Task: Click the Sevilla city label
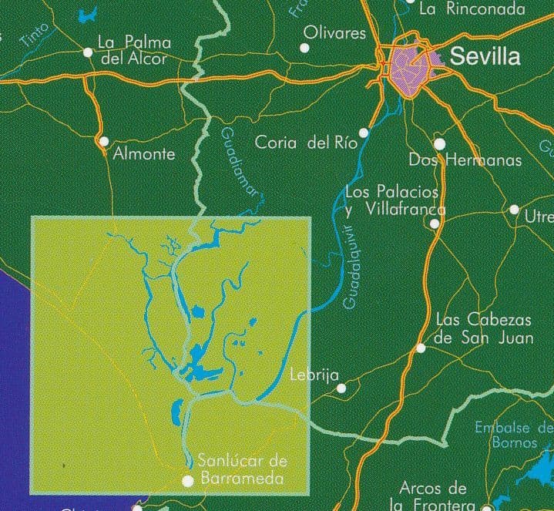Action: click(485, 56)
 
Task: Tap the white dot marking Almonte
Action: click(104, 141)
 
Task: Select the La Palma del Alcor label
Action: click(135, 49)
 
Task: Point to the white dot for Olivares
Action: click(304, 48)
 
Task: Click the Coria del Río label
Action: click(304, 143)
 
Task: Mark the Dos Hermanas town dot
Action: click(439, 143)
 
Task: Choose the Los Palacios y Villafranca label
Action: click(395, 200)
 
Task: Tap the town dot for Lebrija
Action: click(341, 388)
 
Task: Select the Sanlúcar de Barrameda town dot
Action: click(186, 481)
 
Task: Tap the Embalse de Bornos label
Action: click(512, 435)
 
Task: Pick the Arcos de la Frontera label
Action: click(433, 496)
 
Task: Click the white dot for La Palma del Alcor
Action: click(88, 52)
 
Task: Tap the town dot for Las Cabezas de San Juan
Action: click(421, 348)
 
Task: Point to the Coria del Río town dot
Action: click(364, 133)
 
